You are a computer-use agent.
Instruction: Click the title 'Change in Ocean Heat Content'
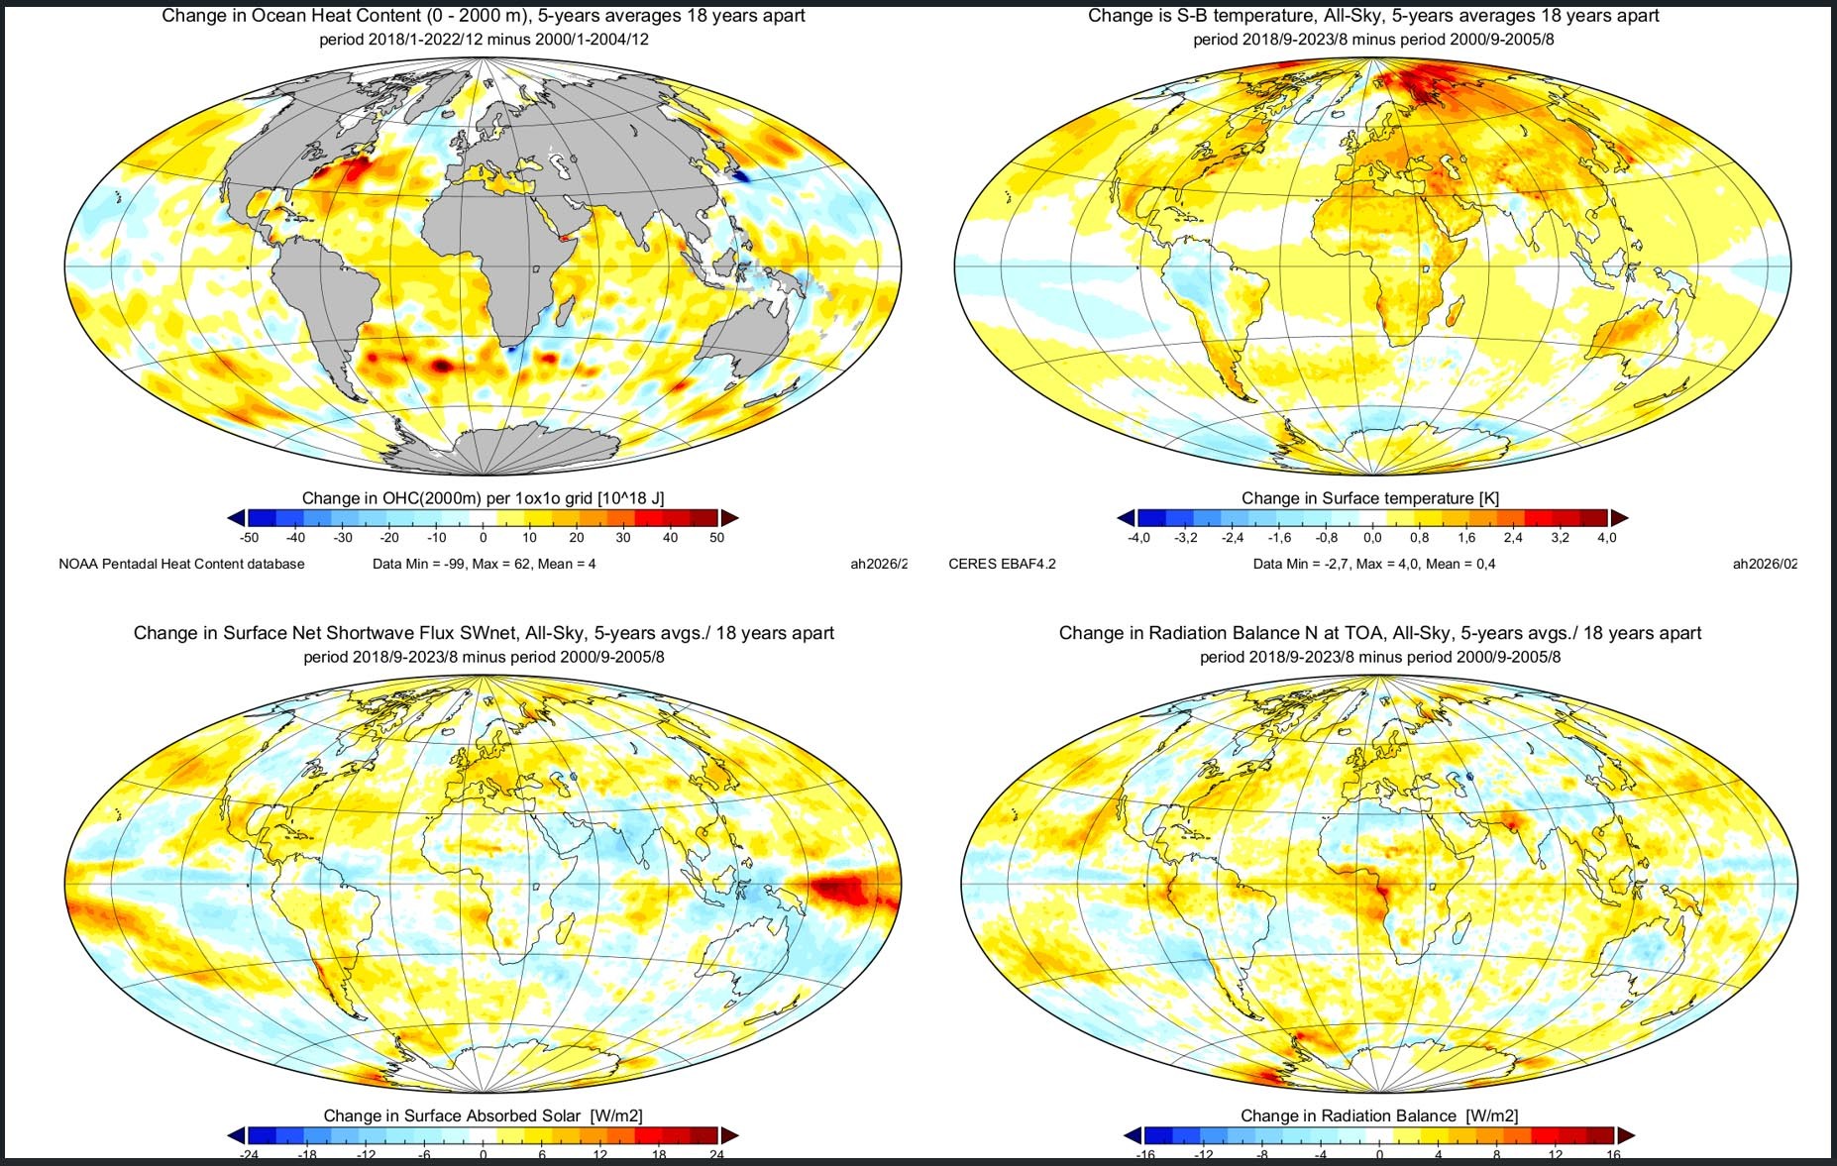click(483, 16)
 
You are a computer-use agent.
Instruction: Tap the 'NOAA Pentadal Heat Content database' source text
click(181, 564)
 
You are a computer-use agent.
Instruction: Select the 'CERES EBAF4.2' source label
click(1002, 564)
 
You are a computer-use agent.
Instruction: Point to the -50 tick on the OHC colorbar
click(249, 538)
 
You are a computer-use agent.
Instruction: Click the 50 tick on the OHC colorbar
click(716, 538)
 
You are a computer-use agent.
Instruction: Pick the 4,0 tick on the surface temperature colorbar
click(1606, 538)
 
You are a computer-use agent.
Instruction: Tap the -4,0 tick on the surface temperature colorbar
click(1139, 538)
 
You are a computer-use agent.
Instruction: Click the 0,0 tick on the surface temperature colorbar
click(1372, 538)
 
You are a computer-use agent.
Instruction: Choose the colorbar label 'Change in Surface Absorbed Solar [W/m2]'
click(483, 1115)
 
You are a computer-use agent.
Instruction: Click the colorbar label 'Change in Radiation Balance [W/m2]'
click(1378, 1115)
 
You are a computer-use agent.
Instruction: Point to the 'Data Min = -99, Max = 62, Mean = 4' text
click(484, 564)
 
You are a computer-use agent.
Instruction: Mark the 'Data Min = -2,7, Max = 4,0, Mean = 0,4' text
click(1373, 564)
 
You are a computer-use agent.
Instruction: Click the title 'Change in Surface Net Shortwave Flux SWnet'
click(484, 633)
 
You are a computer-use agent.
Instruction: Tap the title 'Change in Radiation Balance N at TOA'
click(1379, 633)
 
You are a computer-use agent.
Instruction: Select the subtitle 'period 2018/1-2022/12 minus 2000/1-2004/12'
click(484, 40)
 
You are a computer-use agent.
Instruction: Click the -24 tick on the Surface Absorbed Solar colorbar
click(249, 1155)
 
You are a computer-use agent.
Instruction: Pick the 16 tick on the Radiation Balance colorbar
click(1613, 1155)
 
